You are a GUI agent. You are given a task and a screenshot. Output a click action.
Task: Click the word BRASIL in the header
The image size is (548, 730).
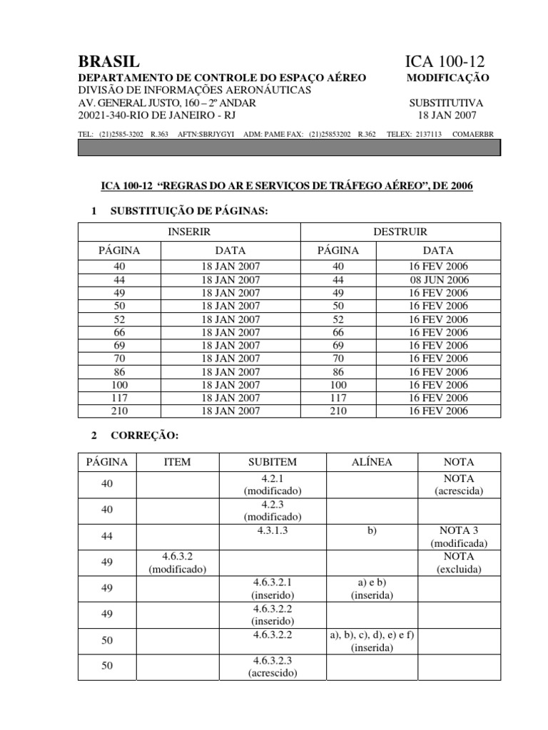(108, 62)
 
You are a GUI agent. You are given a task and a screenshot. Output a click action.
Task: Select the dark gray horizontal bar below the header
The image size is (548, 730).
(289, 148)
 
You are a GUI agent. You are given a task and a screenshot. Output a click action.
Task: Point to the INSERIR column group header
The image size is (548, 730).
(188, 232)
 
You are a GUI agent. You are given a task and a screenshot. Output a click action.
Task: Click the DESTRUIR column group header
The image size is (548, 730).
(400, 232)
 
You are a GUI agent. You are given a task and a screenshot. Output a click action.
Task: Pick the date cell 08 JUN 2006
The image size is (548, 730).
(438, 280)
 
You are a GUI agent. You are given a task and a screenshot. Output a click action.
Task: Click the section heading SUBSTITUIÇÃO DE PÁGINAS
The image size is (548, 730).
(188, 211)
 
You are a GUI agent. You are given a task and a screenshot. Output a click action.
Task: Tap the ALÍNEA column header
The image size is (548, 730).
(371, 462)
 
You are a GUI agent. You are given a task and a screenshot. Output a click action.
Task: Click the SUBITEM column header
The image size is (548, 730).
(272, 462)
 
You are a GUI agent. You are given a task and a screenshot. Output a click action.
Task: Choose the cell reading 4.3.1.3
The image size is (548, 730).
(272, 530)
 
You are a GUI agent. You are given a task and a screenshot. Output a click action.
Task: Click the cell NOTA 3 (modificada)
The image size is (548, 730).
(459, 536)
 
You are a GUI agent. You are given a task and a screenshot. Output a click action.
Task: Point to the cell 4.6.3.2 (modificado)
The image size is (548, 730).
(178, 562)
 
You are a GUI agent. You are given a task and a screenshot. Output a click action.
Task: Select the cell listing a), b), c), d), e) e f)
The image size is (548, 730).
(371, 641)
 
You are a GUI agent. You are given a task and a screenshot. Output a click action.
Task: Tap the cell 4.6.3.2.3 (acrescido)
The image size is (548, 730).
(272, 667)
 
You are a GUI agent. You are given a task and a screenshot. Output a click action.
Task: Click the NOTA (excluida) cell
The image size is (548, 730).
(459, 562)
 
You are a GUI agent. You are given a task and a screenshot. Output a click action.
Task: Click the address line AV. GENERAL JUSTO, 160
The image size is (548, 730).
(166, 103)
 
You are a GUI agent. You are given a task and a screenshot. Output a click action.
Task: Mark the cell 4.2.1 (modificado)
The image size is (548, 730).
(272, 485)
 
